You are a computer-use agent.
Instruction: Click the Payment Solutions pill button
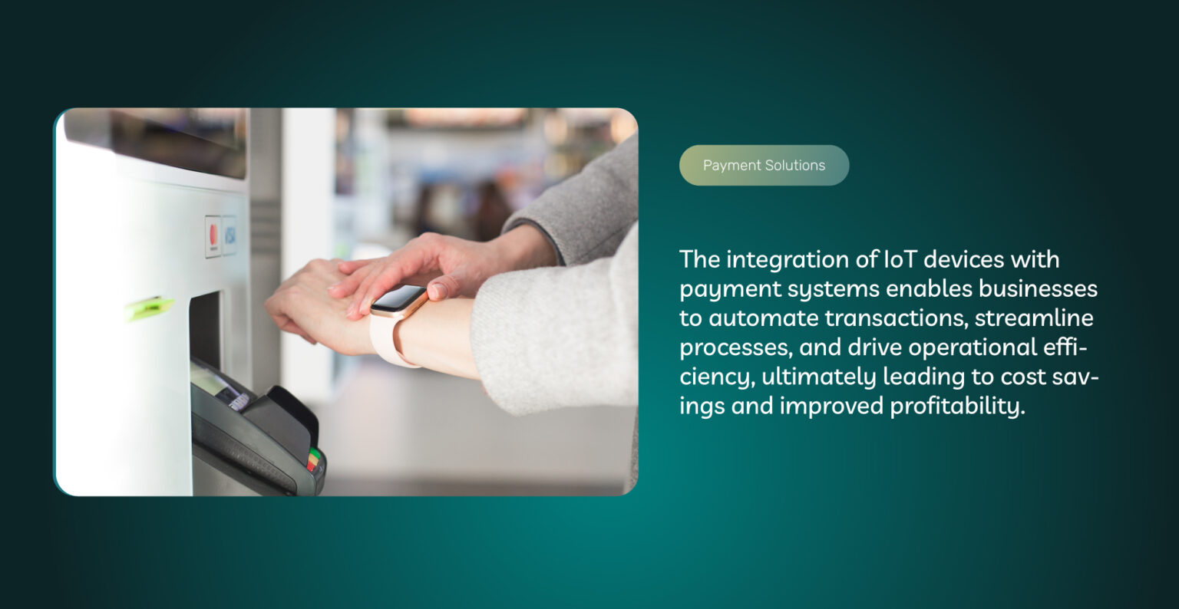click(x=764, y=165)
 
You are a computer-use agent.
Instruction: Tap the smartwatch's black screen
click(x=398, y=298)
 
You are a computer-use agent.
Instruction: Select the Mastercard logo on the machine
click(x=213, y=235)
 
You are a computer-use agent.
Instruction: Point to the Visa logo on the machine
click(x=230, y=235)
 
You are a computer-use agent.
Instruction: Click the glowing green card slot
click(x=150, y=308)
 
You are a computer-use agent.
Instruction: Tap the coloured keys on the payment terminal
click(x=313, y=458)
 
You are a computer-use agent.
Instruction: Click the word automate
click(x=763, y=318)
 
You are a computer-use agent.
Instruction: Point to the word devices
click(x=960, y=259)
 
